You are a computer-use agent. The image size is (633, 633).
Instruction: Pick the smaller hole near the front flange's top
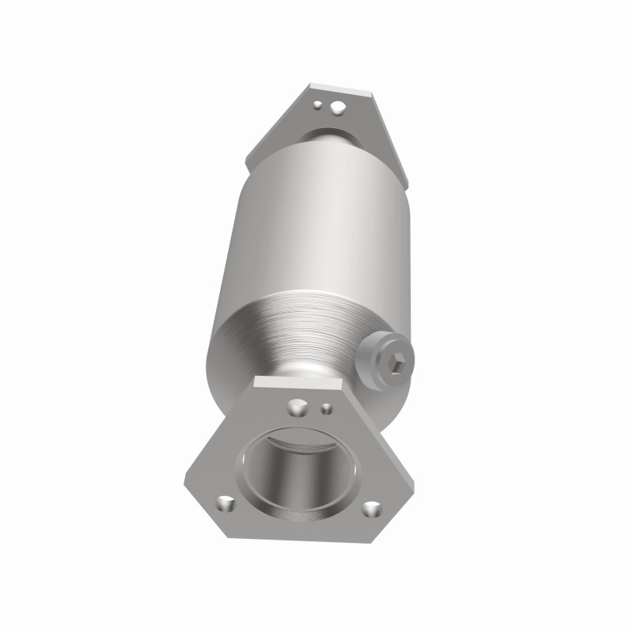pyautogui.click(x=326, y=408)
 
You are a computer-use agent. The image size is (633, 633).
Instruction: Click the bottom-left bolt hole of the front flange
pyautogui.click(x=226, y=502)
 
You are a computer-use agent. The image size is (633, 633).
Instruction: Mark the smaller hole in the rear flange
pyautogui.click(x=317, y=103)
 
